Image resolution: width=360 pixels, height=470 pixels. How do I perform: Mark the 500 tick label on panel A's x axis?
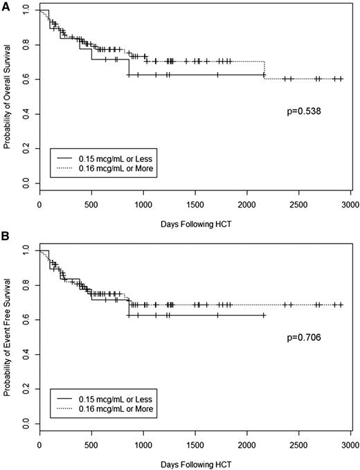coord(91,206)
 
